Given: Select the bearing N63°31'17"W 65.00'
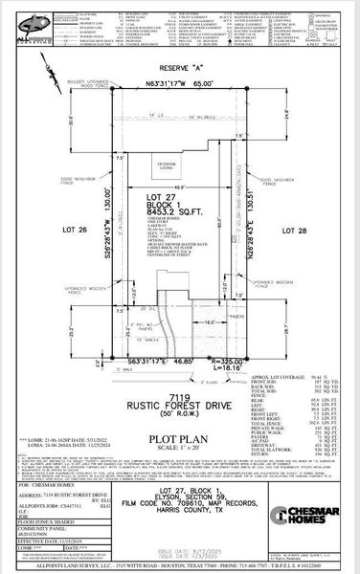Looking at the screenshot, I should [179, 84].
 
